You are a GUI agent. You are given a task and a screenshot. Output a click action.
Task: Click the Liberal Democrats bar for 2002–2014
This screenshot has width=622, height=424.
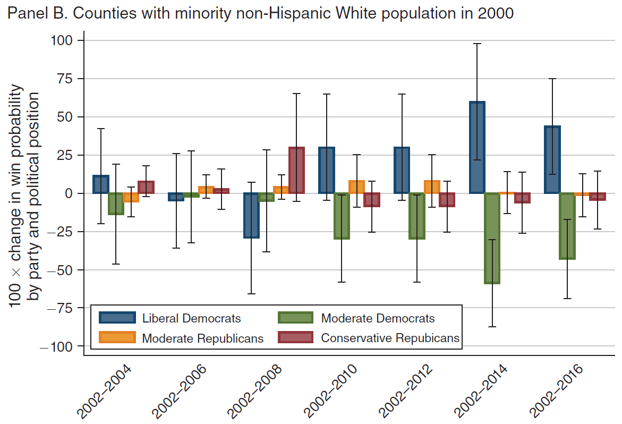click(477, 147)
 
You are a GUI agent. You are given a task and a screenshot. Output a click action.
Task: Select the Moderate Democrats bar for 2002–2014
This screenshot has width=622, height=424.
click(492, 238)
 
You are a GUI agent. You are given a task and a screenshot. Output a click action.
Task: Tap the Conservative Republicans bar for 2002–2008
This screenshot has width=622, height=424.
click(296, 171)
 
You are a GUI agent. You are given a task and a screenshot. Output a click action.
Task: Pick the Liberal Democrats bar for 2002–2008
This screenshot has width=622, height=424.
click(251, 215)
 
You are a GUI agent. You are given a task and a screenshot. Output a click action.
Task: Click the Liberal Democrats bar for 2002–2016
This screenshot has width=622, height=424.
click(552, 159)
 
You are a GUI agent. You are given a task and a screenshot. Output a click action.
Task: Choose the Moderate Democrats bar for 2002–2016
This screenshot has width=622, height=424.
click(567, 226)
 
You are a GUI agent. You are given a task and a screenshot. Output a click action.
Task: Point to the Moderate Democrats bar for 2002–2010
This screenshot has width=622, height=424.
click(342, 216)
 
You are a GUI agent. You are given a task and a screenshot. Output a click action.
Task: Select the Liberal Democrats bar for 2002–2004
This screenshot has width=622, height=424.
click(100, 184)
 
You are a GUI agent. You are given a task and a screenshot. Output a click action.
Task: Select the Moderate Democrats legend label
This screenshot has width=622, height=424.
click(378, 319)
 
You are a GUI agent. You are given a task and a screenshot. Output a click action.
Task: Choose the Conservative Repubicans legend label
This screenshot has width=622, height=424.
click(390, 338)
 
